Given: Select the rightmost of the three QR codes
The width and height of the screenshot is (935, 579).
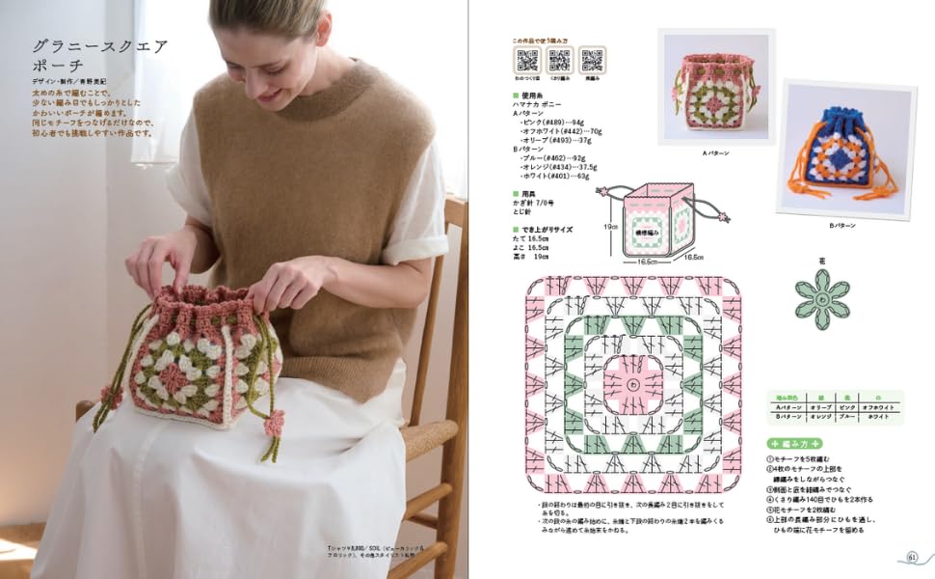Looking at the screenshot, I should tap(592, 59).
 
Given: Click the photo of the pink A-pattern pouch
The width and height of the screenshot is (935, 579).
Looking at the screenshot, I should tap(715, 89).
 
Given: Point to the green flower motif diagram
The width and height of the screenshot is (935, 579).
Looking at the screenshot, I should tap(821, 298).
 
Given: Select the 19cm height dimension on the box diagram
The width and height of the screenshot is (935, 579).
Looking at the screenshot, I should tap(610, 228).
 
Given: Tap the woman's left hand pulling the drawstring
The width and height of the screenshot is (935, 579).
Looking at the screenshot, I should tap(278, 284).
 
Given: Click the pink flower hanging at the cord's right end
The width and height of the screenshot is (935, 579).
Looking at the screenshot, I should tap(275, 422).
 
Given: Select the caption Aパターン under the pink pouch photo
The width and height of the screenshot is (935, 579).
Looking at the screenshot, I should tap(715, 153).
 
